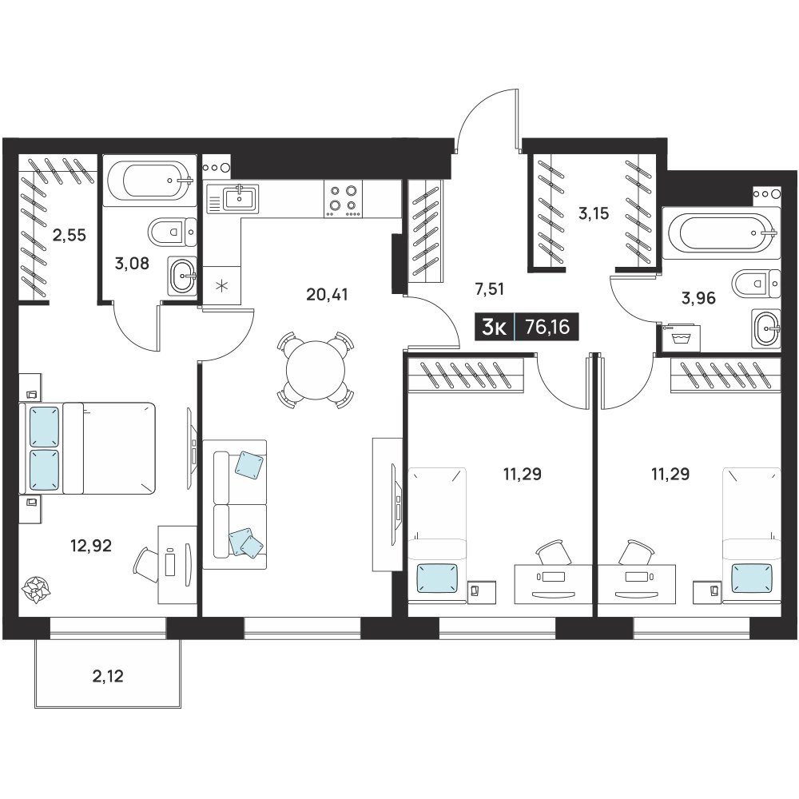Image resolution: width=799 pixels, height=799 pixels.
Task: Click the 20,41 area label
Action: coord(327,295)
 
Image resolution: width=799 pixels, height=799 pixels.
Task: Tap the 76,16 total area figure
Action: coord(547,327)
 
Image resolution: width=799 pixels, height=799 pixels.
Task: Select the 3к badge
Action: coord(494,327)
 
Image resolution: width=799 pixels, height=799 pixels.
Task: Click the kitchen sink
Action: coord(233,199)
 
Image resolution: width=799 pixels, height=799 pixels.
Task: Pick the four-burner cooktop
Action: coord(343,199)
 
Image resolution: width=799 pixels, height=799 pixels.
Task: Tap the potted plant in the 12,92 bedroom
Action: coord(37,590)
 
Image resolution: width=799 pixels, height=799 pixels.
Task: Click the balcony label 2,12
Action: coord(108,676)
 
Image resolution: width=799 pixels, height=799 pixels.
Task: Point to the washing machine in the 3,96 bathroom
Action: coord(680,337)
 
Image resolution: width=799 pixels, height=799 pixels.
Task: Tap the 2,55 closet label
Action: coord(70,236)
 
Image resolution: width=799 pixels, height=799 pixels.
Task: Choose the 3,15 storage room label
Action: coord(594,213)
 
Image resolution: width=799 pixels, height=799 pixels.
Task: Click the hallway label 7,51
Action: coord(489,289)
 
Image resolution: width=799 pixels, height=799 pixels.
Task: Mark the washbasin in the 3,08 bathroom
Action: coord(182,275)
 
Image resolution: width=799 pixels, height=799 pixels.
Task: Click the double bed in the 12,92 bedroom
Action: coord(86,448)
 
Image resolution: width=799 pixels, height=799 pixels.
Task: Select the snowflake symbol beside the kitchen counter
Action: coord(221,285)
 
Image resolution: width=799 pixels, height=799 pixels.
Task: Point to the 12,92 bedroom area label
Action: coord(91,546)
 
